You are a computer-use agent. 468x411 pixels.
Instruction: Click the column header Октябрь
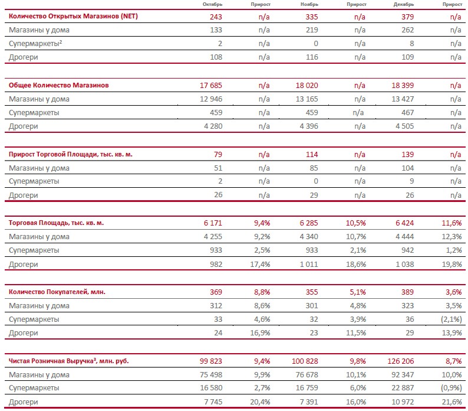tap(212, 5)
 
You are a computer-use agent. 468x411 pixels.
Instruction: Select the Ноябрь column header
tap(309, 5)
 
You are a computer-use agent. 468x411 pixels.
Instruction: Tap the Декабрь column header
tap(404, 5)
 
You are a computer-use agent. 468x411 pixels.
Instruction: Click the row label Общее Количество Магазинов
tap(58, 85)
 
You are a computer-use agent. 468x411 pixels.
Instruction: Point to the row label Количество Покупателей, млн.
tap(57, 292)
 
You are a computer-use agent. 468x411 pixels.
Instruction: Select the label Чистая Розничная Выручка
tap(51, 361)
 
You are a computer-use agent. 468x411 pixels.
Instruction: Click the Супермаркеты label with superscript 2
tap(35, 44)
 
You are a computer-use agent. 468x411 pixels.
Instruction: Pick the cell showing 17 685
tap(211, 86)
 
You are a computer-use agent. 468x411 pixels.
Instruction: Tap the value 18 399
tap(403, 86)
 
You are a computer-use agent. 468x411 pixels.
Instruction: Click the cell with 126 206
tap(401, 361)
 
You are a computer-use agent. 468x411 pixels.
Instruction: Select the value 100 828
tap(305, 361)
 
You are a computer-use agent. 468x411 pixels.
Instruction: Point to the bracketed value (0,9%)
tap(451, 388)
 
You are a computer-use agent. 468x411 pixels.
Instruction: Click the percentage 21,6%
tap(452, 402)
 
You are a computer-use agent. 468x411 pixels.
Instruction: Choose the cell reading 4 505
tap(405, 126)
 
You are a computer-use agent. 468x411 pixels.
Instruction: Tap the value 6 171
tap(213, 223)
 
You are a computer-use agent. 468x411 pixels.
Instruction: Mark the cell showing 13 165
tap(307, 99)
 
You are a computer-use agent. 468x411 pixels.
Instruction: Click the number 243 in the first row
tap(216, 17)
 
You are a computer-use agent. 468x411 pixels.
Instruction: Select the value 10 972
tap(403, 402)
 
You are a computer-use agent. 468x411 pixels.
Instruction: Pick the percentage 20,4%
tap(260, 402)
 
